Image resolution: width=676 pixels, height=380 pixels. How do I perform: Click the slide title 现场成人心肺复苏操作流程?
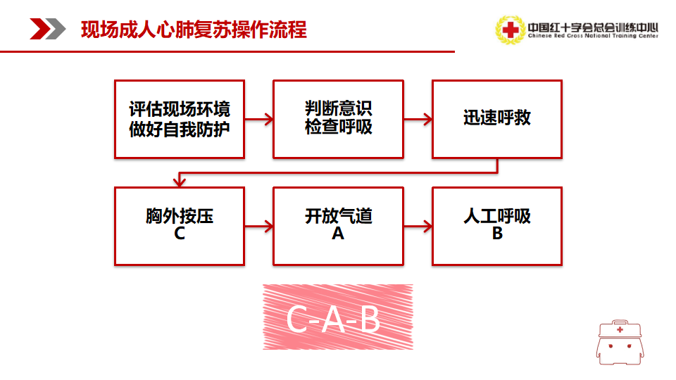pos(194,30)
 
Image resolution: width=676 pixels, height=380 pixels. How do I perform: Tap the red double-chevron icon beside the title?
pos(47,29)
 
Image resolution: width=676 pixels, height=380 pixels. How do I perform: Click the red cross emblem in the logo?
pos(511,30)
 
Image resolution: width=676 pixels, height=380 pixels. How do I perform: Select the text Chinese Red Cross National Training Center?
pos(593,36)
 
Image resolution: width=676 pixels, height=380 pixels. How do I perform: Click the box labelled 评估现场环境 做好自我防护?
pos(180,120)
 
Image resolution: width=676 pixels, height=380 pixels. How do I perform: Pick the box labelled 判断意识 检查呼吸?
pos(339,120)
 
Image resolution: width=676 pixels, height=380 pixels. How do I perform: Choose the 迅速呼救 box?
pos(497,120)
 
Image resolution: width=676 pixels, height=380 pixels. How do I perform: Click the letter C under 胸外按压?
pos(180,234)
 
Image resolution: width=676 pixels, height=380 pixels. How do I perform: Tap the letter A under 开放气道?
pos(338,234)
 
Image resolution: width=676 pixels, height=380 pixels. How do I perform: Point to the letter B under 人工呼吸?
pos(497,234)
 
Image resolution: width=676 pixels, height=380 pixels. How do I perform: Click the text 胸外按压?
pos(180,216)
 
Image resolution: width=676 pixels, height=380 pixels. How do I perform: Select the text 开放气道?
pos(339,216)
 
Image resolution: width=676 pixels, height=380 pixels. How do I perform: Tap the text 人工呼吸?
pos(497,216)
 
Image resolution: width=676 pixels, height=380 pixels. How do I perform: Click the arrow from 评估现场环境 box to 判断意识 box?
pos(259,120)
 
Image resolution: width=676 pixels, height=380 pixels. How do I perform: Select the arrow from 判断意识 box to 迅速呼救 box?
pos(418,120)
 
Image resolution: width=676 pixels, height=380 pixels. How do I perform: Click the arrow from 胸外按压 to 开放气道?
pos(259,226)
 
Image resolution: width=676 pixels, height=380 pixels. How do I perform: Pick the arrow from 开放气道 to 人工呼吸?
pos(418,226)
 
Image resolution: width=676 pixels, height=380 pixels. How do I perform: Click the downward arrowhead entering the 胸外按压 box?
pos(180,182)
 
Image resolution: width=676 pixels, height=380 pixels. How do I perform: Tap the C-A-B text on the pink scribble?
pos(333,319)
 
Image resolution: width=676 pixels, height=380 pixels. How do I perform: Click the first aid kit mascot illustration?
pos(620,343)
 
